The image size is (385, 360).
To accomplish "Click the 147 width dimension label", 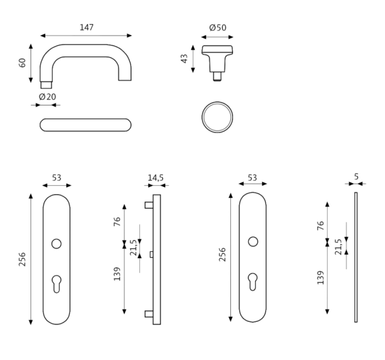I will coord(86,28).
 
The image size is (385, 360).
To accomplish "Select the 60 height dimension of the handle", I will coord(22,63).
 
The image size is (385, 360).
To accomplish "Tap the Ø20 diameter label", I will coord(47,97).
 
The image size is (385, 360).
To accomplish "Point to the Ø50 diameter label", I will coord(217,28).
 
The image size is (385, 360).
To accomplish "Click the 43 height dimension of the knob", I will coord(185,58).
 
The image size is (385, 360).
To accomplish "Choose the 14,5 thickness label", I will coord(155,178).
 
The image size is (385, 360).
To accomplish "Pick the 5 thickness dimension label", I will coord(356,177).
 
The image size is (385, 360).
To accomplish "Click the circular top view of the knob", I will coord(217,117).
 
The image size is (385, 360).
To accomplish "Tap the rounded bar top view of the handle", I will coord(85,125).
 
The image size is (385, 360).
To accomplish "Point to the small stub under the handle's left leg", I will coord(46,85).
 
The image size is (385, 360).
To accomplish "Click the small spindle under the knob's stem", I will coord(217,76).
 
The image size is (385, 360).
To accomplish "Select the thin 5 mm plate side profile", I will coord(356,257).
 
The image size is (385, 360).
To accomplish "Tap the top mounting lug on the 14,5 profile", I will coord(148,205).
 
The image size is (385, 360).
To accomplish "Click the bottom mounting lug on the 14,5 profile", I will coord(148,314).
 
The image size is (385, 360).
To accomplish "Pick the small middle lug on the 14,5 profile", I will coord(151,254).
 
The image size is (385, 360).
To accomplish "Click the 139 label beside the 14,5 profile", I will coord(117,274).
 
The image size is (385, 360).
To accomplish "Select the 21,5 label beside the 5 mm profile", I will coord(338,247).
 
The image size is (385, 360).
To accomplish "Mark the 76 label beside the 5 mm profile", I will coord(320,225).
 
